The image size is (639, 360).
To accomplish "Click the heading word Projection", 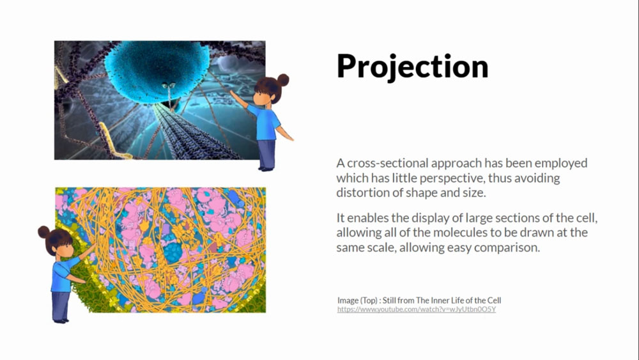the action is [x=412, y=67].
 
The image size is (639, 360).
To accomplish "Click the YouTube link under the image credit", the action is [x=417, y=309].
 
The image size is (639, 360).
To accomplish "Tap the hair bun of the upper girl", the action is [x=283, y=79].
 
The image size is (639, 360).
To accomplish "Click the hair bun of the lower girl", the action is [x=44, y=232].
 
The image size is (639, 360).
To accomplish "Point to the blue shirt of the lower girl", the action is [x=63, y=275].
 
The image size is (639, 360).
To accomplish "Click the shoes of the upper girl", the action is [x=266, y=168].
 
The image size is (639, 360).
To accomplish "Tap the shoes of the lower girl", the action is [x=60, y=320].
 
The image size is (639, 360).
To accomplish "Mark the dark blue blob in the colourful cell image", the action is [x=173, y=252].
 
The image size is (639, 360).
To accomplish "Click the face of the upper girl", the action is [x=261, y=98].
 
